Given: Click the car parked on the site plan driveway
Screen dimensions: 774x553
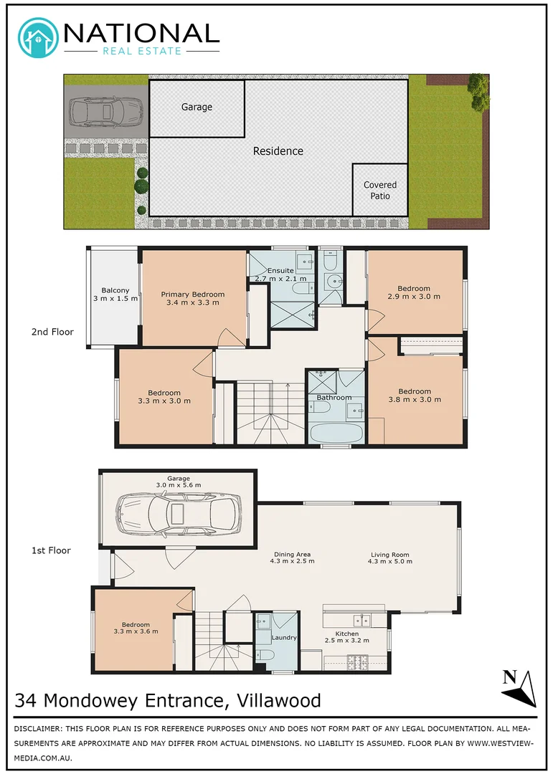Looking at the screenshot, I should click(105, 112).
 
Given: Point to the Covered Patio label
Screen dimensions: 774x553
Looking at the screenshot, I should click(379, 190).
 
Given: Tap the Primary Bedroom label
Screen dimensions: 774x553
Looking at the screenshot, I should click(192, 298).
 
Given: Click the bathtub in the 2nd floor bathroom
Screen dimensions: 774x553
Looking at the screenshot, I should click(336, 432).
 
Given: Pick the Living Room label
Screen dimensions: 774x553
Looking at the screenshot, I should click(389, 557).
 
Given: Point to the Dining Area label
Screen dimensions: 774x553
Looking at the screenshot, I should click(293, 557).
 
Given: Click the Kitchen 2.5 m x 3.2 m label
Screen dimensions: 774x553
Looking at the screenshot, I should click(346, 636).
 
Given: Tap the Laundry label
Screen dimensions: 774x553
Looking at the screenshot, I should click(284, 637).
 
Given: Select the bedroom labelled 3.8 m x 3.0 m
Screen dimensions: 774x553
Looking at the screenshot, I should click(415, 396).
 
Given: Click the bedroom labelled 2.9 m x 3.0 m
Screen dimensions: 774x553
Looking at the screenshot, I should click(414, 292).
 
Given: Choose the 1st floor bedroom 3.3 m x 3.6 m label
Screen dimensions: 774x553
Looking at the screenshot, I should click(136, 628).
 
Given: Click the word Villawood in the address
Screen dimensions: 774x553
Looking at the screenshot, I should click(273, 699).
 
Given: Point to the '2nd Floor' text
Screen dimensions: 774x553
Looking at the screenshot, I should click(52, 332).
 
